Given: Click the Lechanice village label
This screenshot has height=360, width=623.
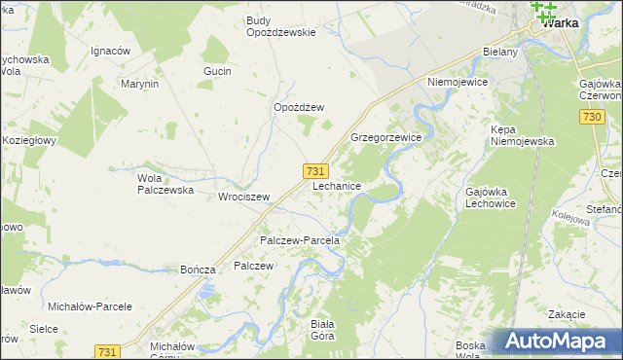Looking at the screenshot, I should tap(338, 185).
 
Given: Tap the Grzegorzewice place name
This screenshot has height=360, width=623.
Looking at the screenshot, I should tap(385, 138).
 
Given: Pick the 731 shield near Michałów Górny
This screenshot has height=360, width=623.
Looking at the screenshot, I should tap(108, 350).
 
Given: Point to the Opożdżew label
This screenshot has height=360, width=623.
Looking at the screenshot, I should tap(298, 108).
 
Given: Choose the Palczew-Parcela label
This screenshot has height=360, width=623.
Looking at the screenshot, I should tap(299, 240).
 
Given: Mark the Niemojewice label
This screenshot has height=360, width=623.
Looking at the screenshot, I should tap(456, 83).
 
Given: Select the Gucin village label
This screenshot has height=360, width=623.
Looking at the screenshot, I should tap(217, 73).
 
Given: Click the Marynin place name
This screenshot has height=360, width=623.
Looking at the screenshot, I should tap(139, 84).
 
